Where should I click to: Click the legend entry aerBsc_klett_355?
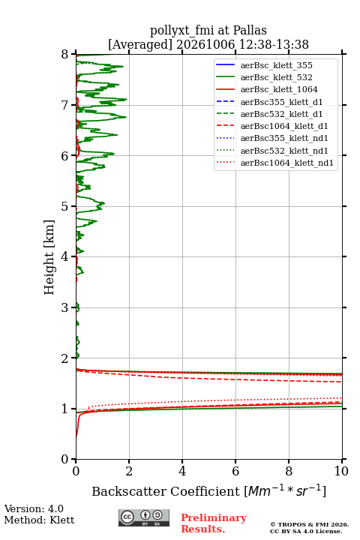(x=276, y=65)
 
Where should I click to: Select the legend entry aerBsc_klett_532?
(x=276, y=77)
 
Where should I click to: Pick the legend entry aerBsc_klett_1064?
(x=279, y=89)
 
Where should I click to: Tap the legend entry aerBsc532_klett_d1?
(x=281, y=114)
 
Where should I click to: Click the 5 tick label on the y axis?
(x=65, y=206)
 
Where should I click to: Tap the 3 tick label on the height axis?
(x=65, y=307)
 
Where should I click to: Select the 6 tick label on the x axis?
(x=235, y=471)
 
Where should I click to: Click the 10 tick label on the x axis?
(x=342, y=471)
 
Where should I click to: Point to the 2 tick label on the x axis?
(x=129, y=471)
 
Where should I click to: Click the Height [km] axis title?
(x=49, y=257)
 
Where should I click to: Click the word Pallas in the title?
(x=250, y=30)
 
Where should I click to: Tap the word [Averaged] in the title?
(x=140, y=44)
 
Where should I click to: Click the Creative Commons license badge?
(x=144, y=517)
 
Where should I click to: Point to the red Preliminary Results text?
(x=214, y=523)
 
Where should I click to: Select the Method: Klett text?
(x=39, y=520)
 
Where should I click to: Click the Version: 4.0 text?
(x=34, y=508)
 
